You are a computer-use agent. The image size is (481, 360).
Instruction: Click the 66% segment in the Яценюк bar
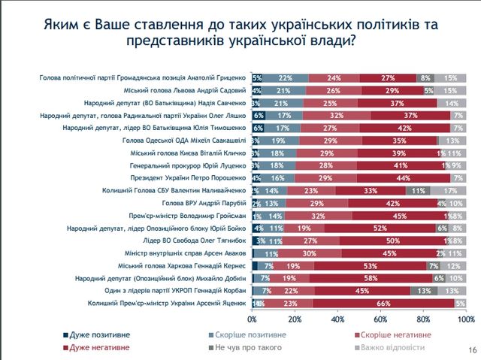383,303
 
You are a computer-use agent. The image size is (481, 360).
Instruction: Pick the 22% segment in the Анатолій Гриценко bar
286,77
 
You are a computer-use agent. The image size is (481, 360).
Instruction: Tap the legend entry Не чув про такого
245,347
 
